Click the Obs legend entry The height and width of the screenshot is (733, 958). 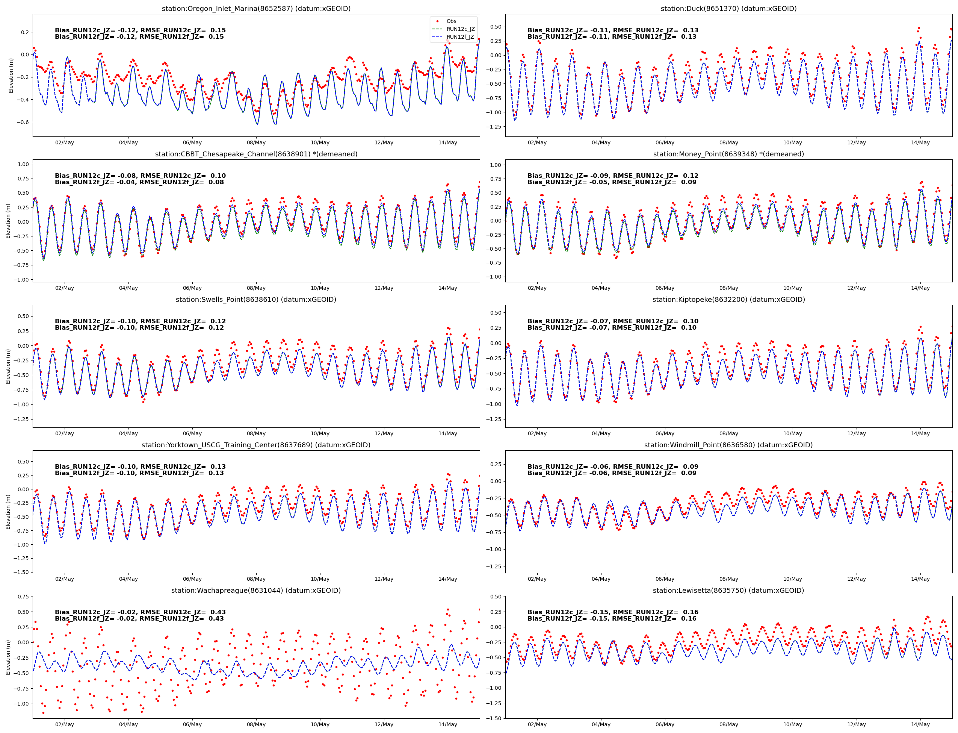coord(451,21)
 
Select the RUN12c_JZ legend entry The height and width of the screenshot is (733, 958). coord(460,29)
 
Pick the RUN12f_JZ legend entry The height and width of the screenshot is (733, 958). coord(460,37)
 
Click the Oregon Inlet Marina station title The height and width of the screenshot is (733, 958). coord(256,9)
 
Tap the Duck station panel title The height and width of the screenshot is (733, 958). coord(728,9)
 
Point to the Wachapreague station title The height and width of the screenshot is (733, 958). coord(256,590)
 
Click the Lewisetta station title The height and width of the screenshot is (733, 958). coord(728,590)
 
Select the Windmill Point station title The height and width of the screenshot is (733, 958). coord(728,445)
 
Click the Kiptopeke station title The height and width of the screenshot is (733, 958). coord(728,300)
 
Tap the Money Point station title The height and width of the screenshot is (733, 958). coord(728,154)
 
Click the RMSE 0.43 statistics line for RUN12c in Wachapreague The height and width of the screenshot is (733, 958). coord(140,612)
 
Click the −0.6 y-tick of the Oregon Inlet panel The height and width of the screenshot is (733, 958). coord(23,122)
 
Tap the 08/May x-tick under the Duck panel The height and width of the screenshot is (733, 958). coord(728,143)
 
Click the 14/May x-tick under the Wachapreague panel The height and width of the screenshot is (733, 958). coord(448,724)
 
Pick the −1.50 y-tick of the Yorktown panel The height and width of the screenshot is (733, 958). coord(21,572)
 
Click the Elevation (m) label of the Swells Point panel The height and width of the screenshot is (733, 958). coord(8,366)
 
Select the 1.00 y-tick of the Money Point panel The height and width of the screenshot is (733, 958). coord(496,165)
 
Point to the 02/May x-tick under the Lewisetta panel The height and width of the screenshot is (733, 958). coord(537,724)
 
